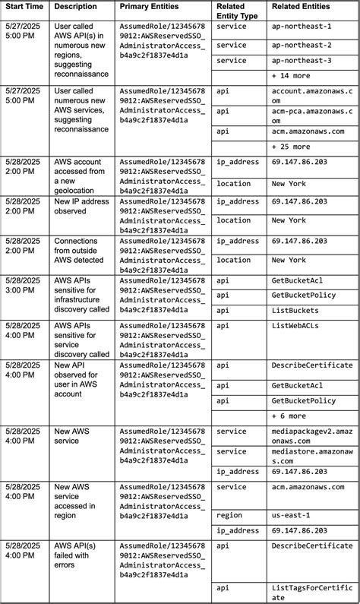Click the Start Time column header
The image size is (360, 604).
click(25, 6)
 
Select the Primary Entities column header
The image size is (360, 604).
click(149, 6)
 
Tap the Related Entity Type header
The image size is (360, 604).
click(236, 11)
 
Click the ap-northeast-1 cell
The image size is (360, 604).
click(302, 27)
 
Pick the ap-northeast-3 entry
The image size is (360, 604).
click(302, 61)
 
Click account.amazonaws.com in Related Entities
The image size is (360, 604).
click(311, 95)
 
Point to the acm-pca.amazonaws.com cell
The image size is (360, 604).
click(311, 115)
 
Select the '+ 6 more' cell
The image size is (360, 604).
click(288, 416)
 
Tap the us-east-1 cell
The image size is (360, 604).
click(291, 514)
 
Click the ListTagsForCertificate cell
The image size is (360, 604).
click(311, 592)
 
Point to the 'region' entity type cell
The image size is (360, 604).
click(229, 514)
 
